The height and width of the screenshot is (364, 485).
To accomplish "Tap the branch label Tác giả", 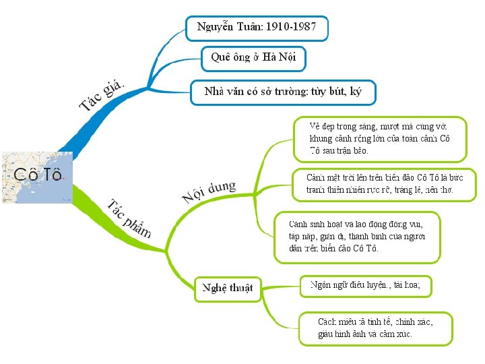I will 102,94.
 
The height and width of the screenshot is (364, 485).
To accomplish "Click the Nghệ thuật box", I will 228,288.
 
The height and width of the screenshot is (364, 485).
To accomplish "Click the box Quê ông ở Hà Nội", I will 253,57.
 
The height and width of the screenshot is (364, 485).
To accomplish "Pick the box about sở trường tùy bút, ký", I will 282,92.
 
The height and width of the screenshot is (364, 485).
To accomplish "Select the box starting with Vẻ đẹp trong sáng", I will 380,139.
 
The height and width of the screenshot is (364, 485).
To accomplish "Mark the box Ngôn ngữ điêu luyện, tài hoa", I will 364,285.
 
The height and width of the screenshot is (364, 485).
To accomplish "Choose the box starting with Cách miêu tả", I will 376,328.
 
